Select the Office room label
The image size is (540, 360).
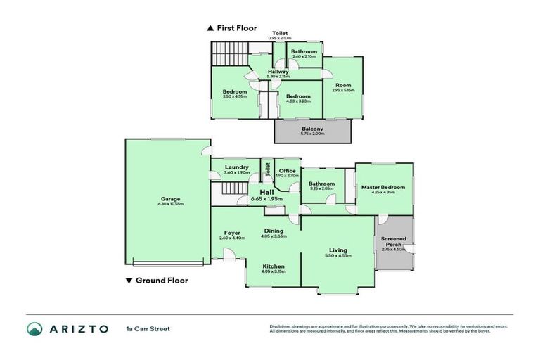tap(287, 170)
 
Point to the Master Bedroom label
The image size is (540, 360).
tap(383, 187)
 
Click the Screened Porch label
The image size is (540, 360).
tap(394, 242)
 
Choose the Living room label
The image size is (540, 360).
tap(339, 249)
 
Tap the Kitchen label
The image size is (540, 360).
tap(273, 266)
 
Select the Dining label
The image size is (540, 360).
tap(274, 230)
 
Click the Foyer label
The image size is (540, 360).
tap(232, 233)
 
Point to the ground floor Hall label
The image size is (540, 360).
tap(266, 192)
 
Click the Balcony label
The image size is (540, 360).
tap(312, 129)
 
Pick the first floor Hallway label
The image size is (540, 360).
tap(278, 71)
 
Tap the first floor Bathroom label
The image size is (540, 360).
tap(304, 51)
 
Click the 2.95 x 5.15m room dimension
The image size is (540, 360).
tap(342, 90)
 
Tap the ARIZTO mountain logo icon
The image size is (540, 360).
tap(35, 328)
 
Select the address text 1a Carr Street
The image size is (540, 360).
tap(148, 328)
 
